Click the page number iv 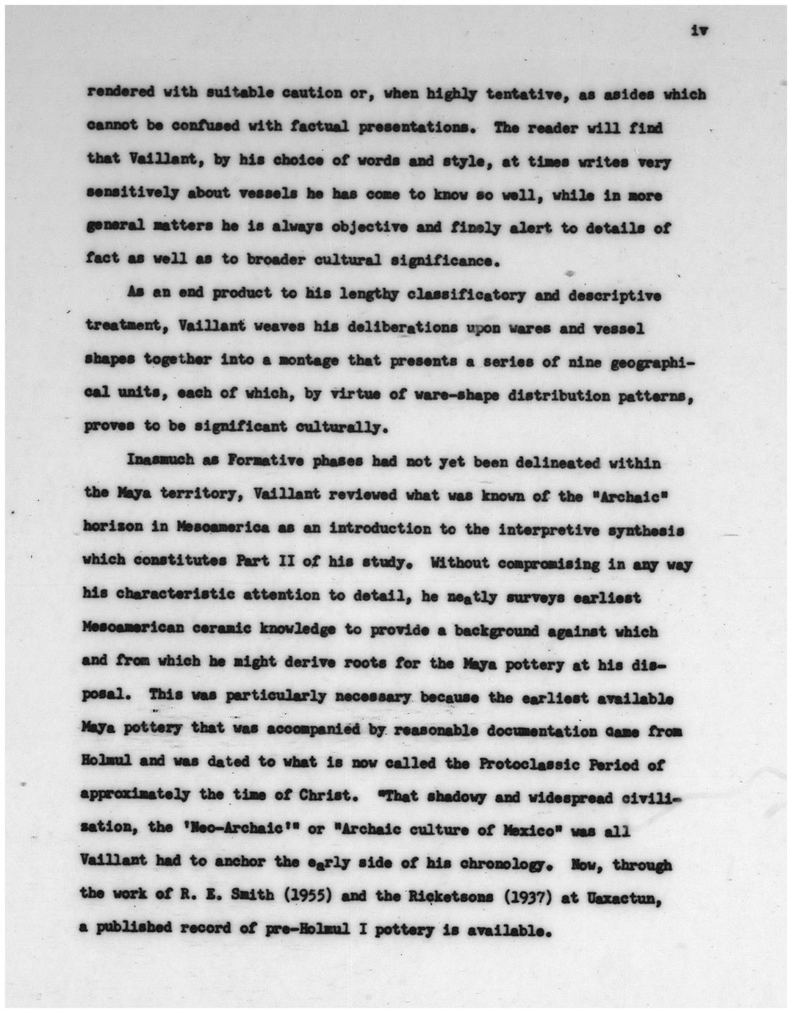coord(698,31)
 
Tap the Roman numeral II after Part coord(297,563)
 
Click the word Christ coord(320,796)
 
